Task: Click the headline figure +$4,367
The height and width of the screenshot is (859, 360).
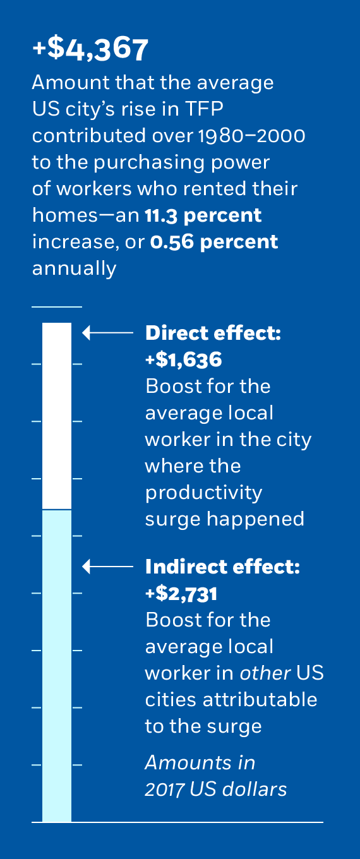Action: (x=90, y=49)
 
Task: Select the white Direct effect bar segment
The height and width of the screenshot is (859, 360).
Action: (x=57, y=416)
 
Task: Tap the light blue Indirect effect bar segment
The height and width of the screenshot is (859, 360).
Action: (x=57, y=666)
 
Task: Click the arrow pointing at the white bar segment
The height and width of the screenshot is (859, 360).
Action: (x=108, y=332)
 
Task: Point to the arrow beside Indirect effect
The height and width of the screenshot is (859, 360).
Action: (x=108, y=567)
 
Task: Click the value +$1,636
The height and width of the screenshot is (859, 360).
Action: (x=184, y=360)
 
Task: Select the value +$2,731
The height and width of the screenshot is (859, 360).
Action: (x=181, y=594)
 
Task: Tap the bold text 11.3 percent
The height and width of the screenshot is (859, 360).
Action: (x=203, y=216)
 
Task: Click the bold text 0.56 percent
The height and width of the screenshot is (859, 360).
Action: (x=214, y=243)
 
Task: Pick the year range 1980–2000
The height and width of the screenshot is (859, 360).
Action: (x=252, y=136)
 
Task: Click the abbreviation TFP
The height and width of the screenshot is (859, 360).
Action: (x=205, y=109)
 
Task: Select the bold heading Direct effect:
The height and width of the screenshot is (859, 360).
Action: (x=213, y=333)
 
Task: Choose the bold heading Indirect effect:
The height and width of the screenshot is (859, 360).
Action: (x=222, y=567)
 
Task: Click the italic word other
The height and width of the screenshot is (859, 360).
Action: (x=265, y=673)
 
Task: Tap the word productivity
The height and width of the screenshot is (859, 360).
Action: (x=203, y=493)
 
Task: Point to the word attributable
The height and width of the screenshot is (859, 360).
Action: (x=260, y=700)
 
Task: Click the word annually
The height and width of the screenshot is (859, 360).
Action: (x=75, y=269)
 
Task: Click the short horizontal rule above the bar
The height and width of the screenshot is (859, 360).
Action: (x=57, y=307)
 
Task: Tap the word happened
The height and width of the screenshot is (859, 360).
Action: (x=255, y=520)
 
